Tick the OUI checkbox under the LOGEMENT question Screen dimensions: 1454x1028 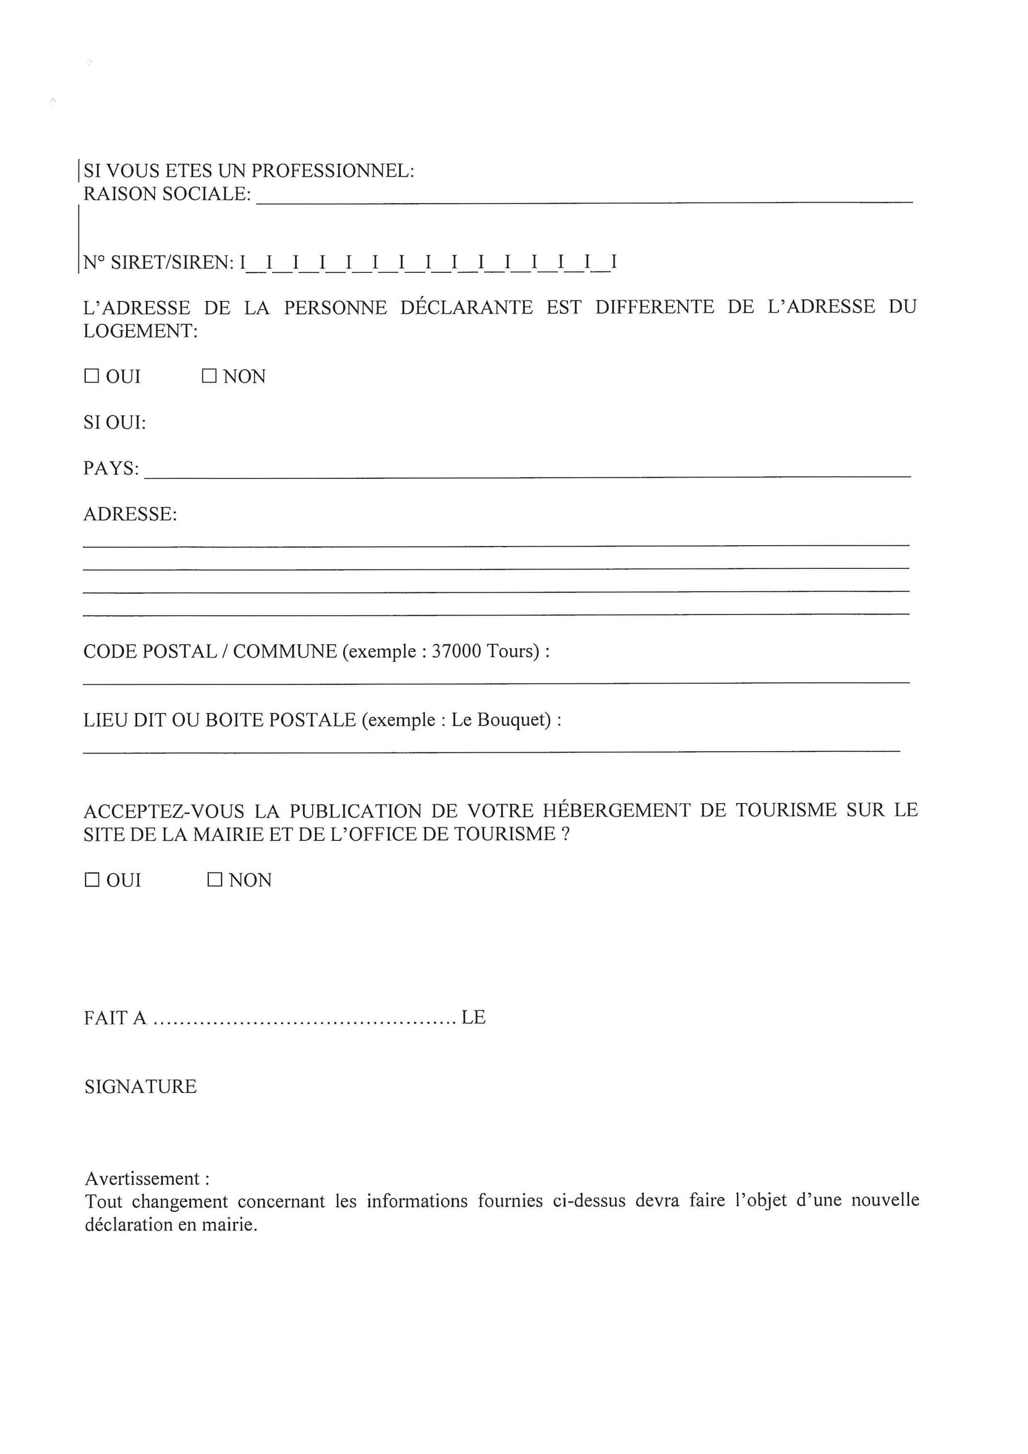coord(92,377)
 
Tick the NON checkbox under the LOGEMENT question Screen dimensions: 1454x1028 coord(209,377)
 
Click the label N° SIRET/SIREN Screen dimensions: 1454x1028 coord(158,262)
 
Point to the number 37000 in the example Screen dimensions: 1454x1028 coord(456,652)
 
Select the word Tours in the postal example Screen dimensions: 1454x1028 coord(512,652)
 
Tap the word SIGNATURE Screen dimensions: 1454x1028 coord(141,1087)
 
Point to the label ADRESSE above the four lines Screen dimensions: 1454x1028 coord(130,514)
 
